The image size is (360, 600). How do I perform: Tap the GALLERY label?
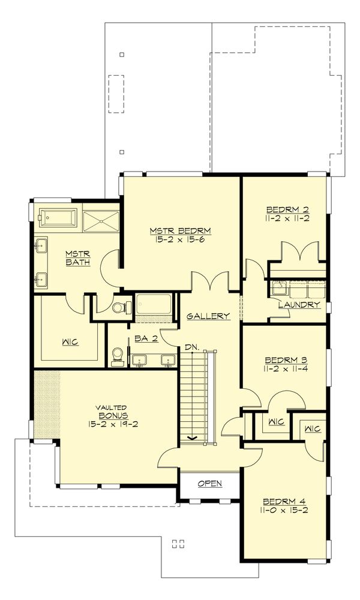coord(208,316)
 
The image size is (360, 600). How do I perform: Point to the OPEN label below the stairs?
coord(209,484)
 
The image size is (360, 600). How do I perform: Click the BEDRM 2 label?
coord(286,210)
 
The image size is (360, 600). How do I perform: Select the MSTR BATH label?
coord(77,258)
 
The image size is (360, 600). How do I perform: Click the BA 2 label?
coord(146,339)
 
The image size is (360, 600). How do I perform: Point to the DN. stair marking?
coord(192,347)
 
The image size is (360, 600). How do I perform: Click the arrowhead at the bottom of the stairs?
coord(193,438)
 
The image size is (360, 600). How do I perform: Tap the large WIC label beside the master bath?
coord(70,343)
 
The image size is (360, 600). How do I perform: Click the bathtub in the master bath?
coord(58,217)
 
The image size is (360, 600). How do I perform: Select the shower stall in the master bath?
coord(101,217)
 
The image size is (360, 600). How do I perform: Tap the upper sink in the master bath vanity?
coord(42,245)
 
